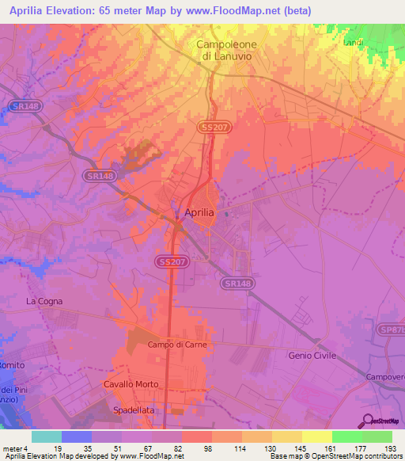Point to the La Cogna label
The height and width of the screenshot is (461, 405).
[44, 301]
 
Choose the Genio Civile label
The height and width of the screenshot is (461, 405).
[314, 356]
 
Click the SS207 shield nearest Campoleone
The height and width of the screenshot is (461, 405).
[210, 128]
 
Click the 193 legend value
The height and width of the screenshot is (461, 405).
[377, 448]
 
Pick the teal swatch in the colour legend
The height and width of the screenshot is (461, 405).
[47, 436]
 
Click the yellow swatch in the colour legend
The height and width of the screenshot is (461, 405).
[316, 436]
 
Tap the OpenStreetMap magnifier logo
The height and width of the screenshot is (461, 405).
[367, 421]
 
